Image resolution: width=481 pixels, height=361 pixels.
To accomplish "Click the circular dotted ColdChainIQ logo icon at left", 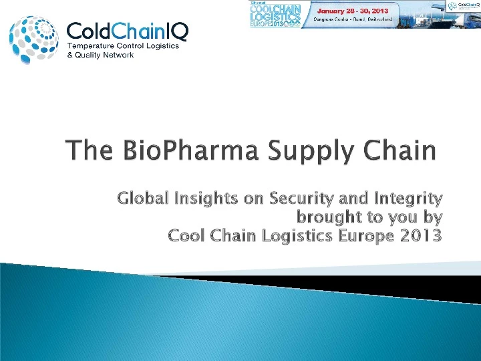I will click(x=35, y=39).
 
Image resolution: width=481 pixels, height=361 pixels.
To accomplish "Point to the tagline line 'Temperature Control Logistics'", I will click(x=118, y=45).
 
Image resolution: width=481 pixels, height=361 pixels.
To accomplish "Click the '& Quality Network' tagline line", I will click(x=102, y=55).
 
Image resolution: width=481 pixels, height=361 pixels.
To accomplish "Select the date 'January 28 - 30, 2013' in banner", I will click(x=351, y=11).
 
